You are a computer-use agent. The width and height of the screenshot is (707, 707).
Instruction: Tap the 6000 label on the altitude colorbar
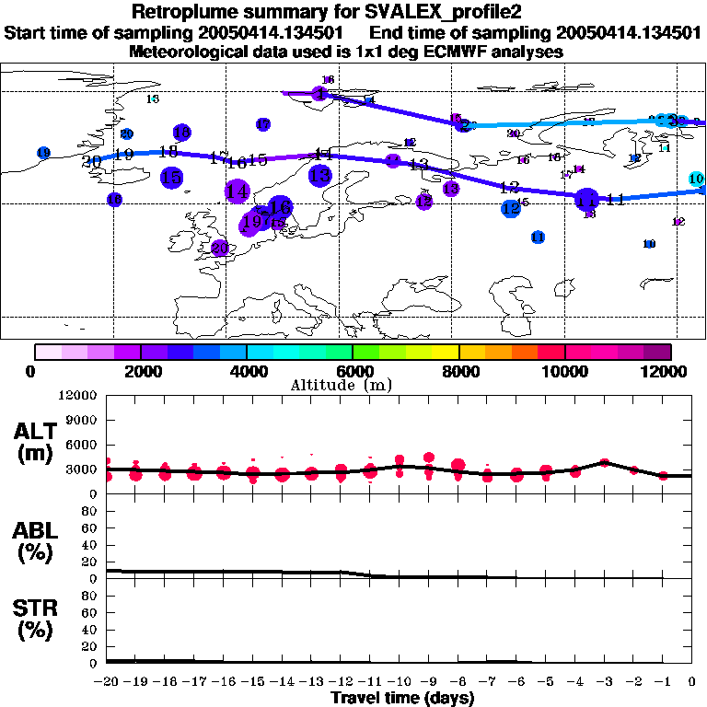coord(353,371)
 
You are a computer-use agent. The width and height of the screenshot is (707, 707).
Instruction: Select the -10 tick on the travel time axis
coord(399,682)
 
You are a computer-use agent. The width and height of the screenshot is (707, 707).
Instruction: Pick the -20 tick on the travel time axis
coord(108,682)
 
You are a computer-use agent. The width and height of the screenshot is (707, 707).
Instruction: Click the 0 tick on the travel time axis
coord(692,682)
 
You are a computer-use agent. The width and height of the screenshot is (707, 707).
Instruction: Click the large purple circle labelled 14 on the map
coord(237,191)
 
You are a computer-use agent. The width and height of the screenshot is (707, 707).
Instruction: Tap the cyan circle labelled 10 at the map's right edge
coord(697,179)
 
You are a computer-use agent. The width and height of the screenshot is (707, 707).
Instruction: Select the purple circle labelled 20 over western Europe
coord(220,248)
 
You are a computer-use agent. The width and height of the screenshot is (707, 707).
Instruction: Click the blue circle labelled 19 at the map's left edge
coord(43,153)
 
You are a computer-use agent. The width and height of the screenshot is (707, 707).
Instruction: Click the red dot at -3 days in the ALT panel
coord(604,463)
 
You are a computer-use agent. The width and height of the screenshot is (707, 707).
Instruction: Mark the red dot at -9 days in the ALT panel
coord(429,458)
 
